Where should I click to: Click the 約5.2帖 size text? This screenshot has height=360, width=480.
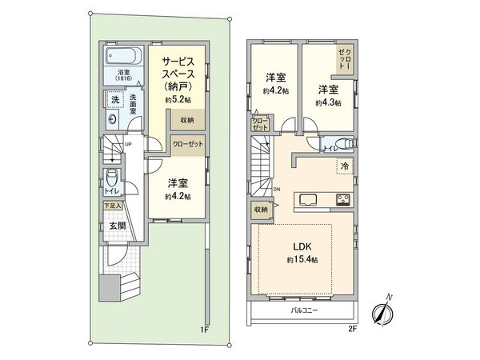pyautogui.click(x=176, y=101)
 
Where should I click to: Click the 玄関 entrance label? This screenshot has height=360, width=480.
pyautogui.click(x=118, y=226)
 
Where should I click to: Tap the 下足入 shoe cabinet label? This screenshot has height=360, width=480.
pyautogui.click(x=112, y=206)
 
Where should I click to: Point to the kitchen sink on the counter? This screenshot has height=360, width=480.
pyautogui.click(x=310, y=200)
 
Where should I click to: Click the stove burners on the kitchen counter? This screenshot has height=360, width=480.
pyautogui.click(x=342, y=200)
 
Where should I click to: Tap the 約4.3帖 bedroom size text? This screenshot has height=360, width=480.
pyautogui.click(x=328, y=103)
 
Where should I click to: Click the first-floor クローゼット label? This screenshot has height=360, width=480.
pyautogui.click(x=187, y=143)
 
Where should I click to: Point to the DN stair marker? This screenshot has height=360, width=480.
pyautogui.click(x=277, y=189)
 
